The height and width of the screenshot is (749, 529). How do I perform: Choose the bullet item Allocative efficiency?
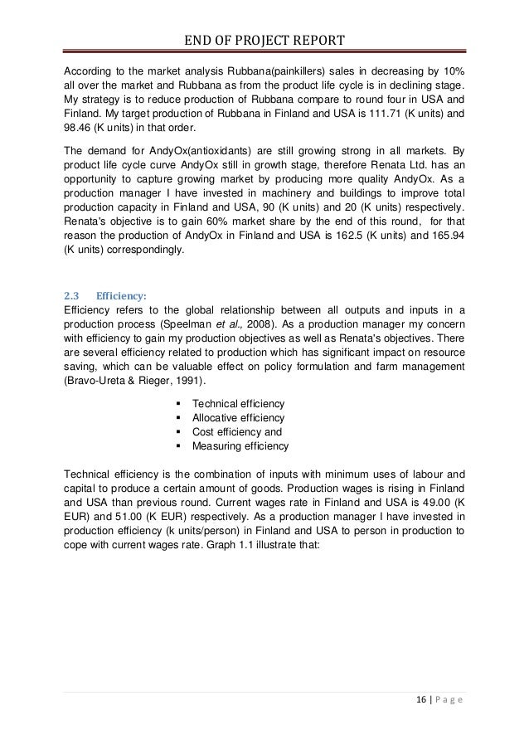click(x=238, y=417)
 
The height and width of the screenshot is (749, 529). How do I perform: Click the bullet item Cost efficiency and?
click(x=236, y=432)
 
